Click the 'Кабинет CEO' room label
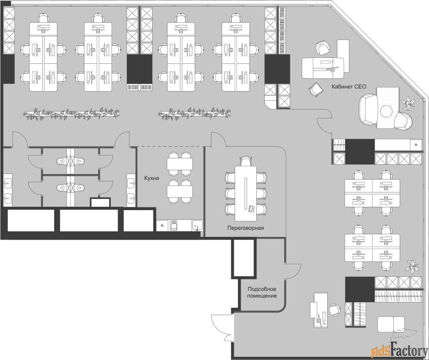349,87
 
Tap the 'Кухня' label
152,178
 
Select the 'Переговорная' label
245,228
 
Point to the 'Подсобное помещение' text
262,292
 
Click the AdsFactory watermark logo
399,350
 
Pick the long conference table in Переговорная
246,193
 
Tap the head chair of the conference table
245,161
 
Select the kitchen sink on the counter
197,225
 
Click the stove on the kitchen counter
174,226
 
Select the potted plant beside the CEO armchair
408,103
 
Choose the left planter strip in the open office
71,114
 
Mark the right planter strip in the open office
194,114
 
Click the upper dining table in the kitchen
180,164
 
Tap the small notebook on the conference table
251,209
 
